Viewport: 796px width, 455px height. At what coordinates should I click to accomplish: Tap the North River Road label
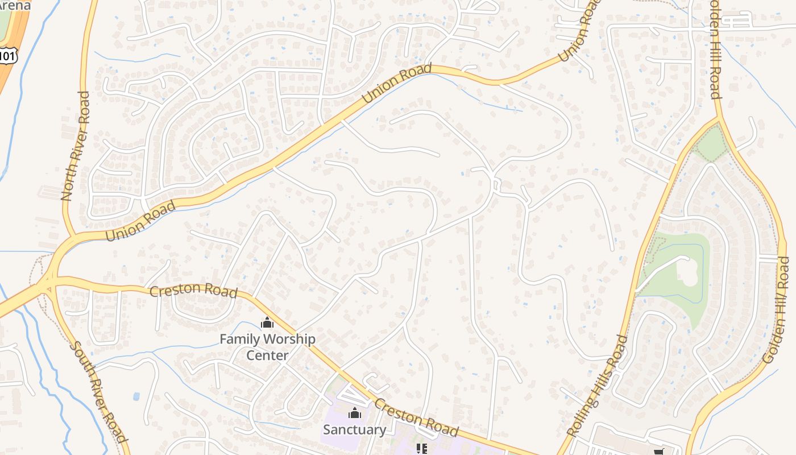pos(75,146)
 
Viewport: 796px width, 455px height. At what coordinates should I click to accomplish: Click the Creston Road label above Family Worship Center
pos(193,291)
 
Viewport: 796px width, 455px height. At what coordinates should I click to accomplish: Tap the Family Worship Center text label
pos(267,347)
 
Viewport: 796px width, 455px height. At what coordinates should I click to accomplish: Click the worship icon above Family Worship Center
pos(267,323)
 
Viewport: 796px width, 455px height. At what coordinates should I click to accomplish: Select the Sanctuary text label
pos(354,429)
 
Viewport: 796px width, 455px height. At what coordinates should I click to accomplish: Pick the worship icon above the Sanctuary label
pos(355,413)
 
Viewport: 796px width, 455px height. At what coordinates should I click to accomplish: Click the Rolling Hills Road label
pos(598,386)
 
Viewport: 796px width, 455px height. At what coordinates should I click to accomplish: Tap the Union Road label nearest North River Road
pos(140,220)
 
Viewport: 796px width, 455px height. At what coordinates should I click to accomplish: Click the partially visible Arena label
pos(15,6)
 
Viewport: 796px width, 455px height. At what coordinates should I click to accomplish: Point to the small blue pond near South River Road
pos(136,396)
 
